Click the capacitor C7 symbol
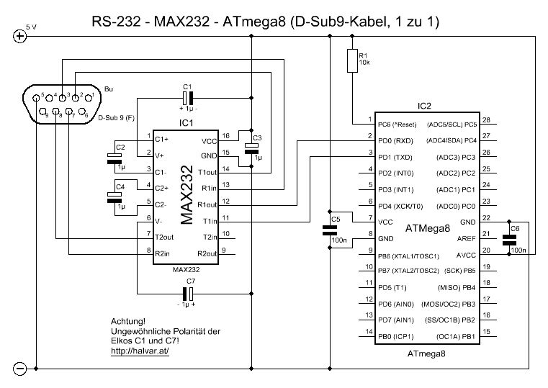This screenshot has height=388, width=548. point(189,293)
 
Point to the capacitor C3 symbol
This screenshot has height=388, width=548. point(251,148)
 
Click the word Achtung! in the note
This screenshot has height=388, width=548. point(128,322)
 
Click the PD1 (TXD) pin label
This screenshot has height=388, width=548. point(397,156)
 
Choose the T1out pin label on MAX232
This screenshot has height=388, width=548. point(206,173)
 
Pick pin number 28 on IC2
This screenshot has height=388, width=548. point(486,120)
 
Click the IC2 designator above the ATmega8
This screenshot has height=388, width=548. point(424,106)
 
